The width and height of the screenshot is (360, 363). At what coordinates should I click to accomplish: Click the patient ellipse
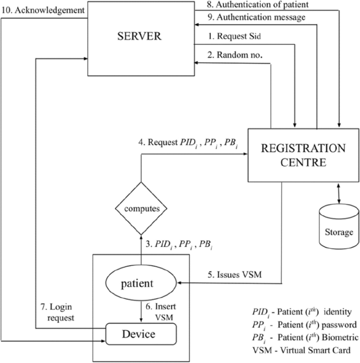[x=141, y=284]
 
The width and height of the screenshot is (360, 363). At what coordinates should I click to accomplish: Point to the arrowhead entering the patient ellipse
[x=182, y=283]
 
